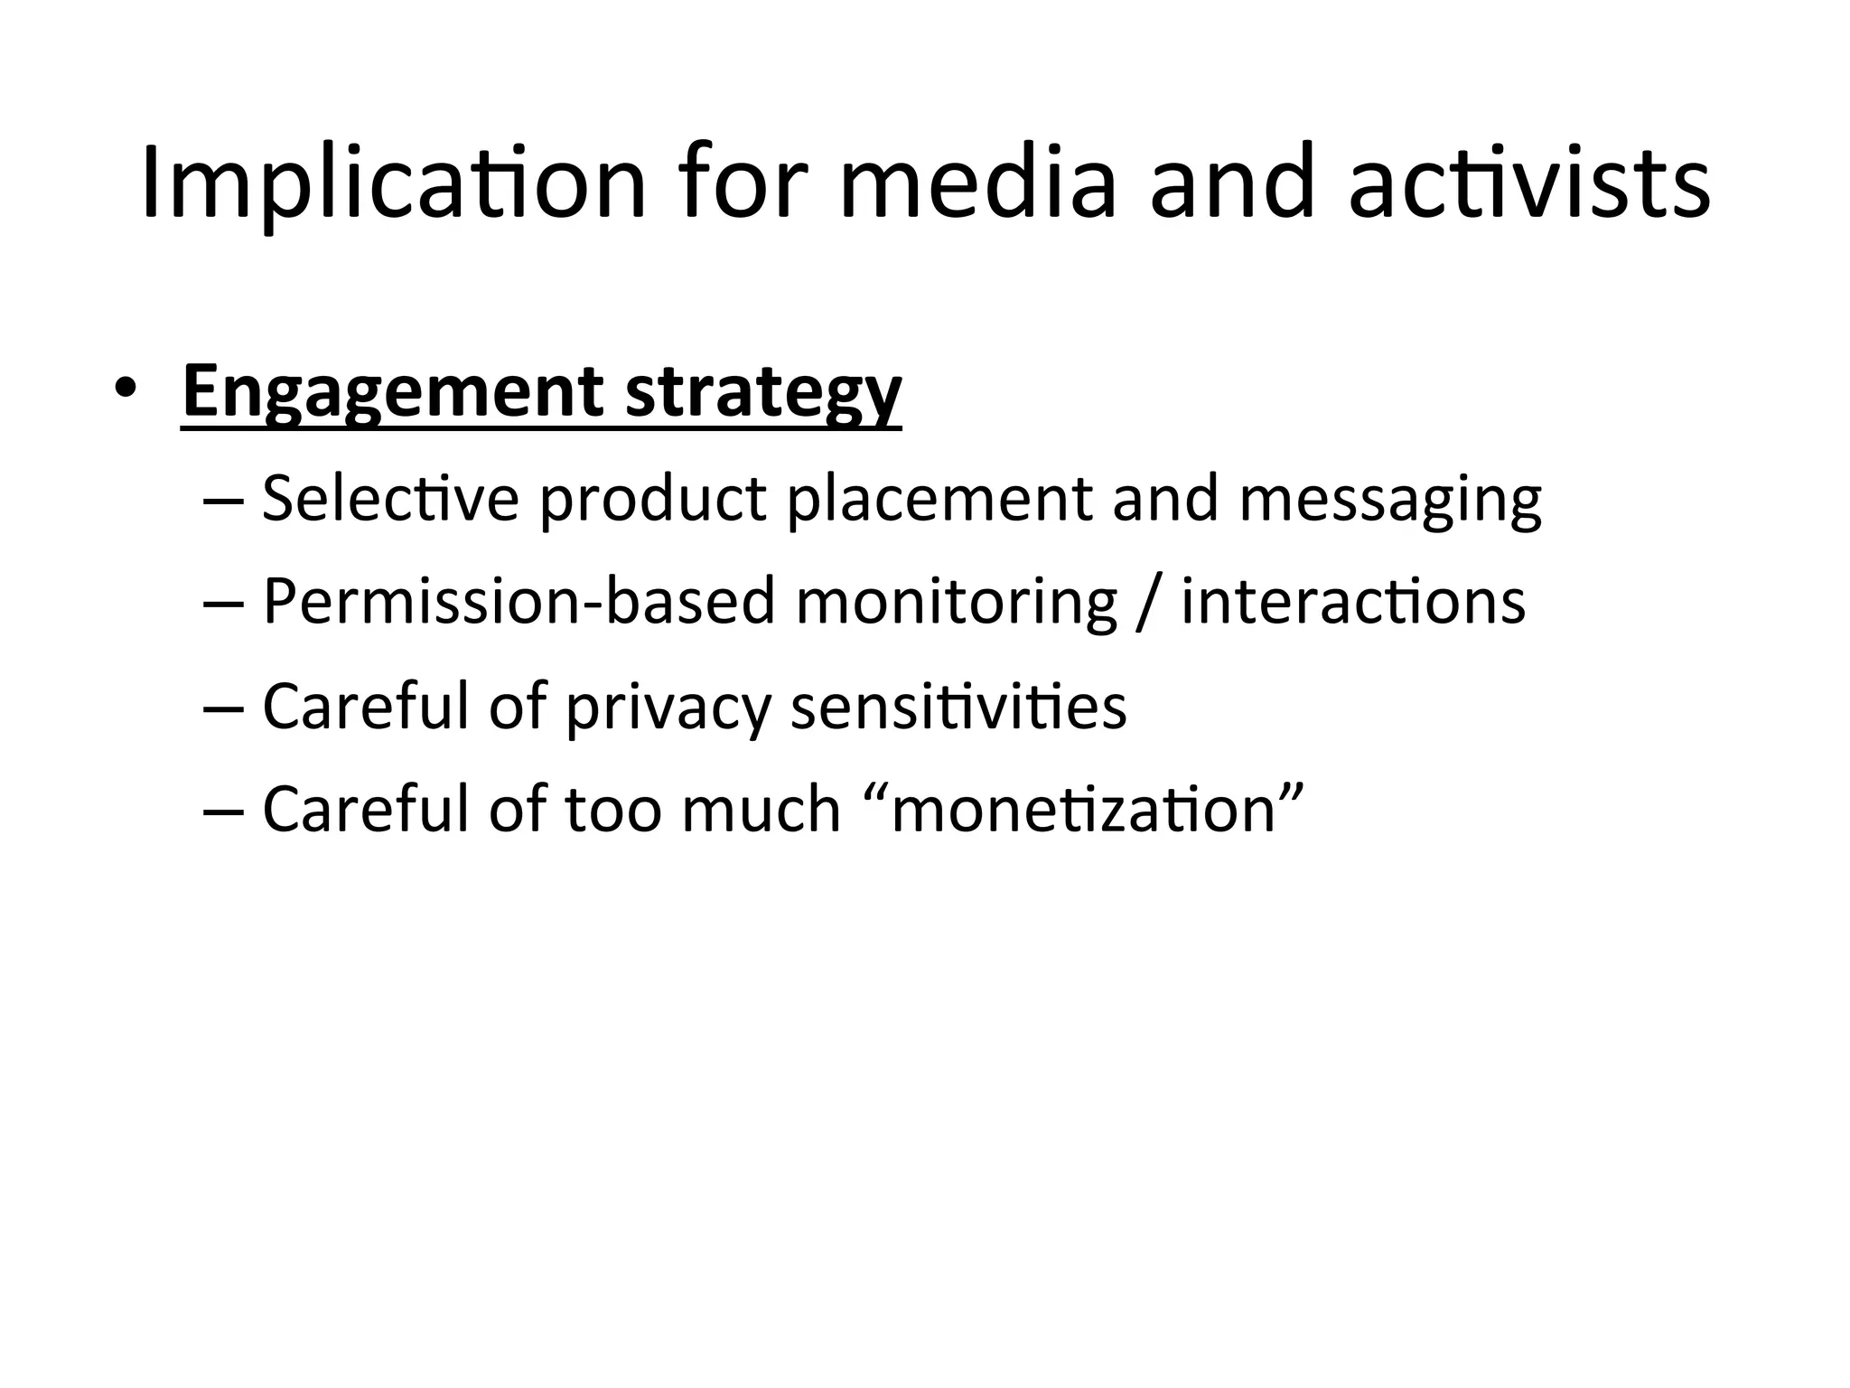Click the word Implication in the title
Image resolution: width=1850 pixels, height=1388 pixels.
[x=394, y=183]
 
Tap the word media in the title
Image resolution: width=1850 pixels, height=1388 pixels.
[x=978, y=183]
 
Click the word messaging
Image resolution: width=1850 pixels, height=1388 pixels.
[x=1390, y=500]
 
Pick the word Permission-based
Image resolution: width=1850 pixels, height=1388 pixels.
[x=519, y=601]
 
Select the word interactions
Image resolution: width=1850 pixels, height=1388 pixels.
[x=1353, y=601]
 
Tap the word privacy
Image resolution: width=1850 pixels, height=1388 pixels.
[x=668, y=707]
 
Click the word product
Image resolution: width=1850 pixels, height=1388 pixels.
[x=653, y=500]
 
